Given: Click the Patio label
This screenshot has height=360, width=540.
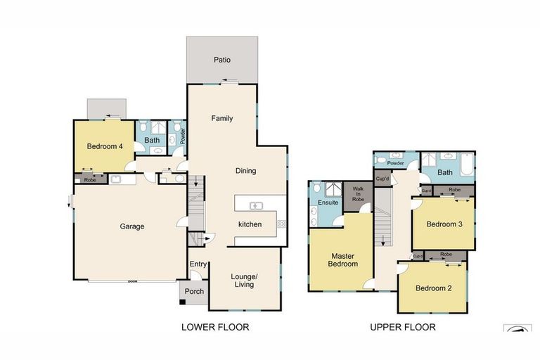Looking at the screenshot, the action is click(222, 60).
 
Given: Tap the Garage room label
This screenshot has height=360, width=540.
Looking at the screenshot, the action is click(132, 226).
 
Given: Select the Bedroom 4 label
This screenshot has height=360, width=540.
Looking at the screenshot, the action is click(105, 146).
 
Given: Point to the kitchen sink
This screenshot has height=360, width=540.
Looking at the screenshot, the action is click(256, 206).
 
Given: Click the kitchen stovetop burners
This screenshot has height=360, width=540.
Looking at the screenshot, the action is click(282, 224).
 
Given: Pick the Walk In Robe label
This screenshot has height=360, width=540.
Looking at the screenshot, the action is click(358, 194).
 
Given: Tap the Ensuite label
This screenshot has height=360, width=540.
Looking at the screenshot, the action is click(328, 202).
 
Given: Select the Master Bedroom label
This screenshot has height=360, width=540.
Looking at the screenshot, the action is click(342, 260).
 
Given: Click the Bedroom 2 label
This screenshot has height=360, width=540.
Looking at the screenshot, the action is click(434, 288).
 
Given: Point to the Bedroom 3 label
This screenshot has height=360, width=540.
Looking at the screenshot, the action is click(444, 224).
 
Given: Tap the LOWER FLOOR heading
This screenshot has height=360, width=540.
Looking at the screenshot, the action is click(215, 327).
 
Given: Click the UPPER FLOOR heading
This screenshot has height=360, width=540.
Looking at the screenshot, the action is click(403, 327).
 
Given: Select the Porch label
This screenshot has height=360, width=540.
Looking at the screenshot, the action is click(194, 291).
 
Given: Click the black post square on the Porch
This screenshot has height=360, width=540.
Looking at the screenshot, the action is click(183, 302).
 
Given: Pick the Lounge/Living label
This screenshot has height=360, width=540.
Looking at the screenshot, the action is click(244, 281).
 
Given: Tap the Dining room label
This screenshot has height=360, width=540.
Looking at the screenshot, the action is click(246, 171).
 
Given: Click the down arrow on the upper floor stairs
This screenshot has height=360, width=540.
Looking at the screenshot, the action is click(383, 240).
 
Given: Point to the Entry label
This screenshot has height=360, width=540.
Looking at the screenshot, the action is click(198, 264).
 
